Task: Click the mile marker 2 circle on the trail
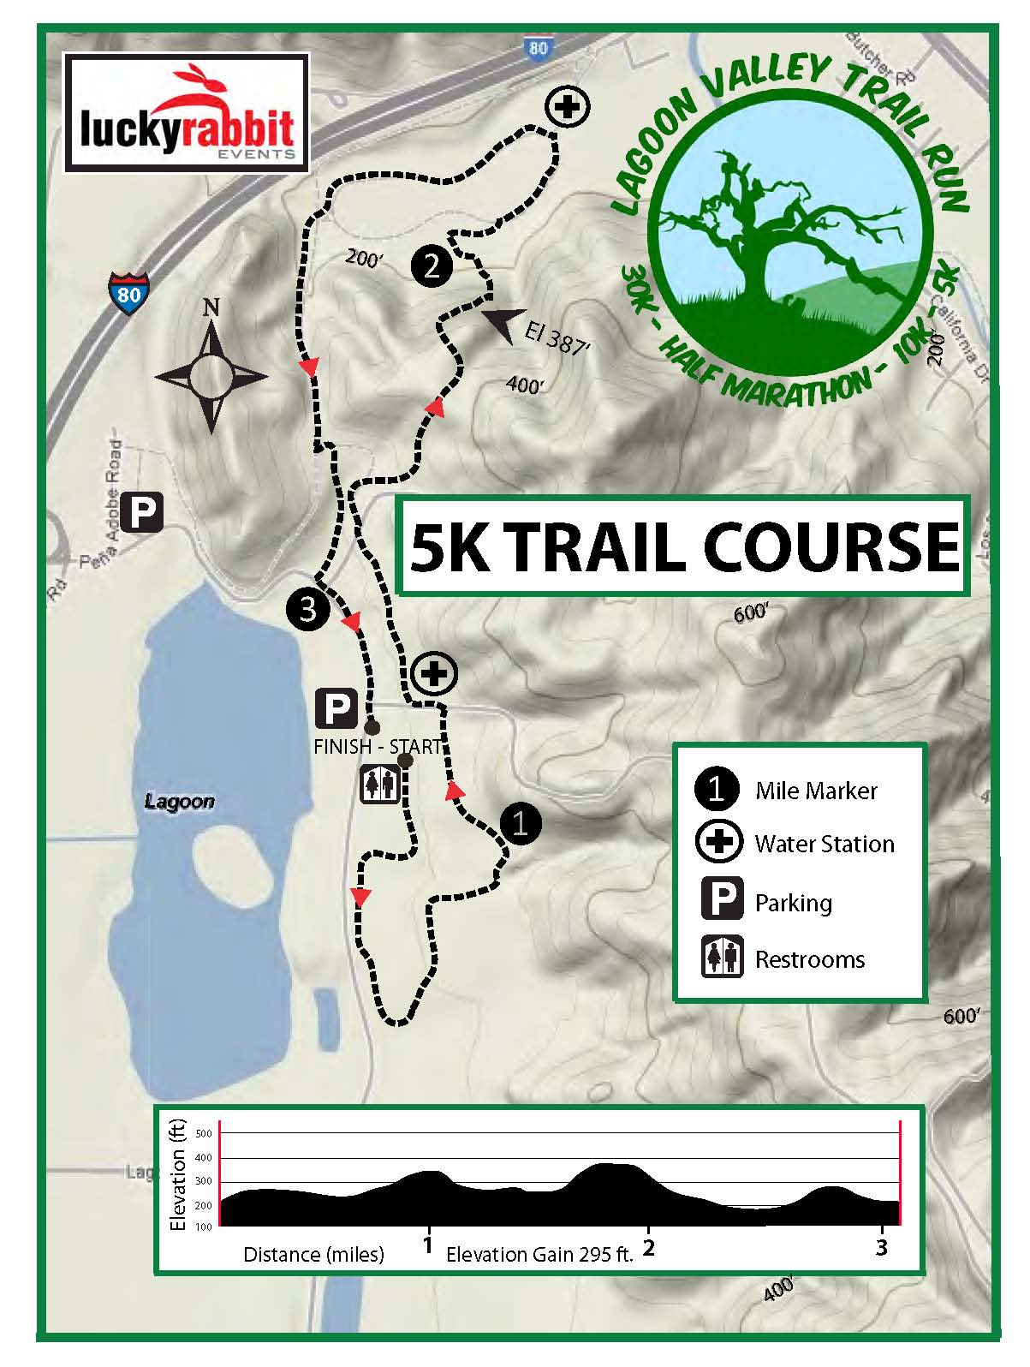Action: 432,266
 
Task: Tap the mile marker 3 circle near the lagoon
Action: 307,609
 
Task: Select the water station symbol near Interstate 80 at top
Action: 567,108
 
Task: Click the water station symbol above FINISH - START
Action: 435,673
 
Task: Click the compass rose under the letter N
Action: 211,375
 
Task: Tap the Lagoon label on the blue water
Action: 179,802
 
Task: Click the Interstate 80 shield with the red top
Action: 128,293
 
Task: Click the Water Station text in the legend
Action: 824,845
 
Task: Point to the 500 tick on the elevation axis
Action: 204,1134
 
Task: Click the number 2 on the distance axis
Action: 649,1246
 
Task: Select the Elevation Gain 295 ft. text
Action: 539,1255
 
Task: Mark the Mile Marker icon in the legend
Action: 717,788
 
